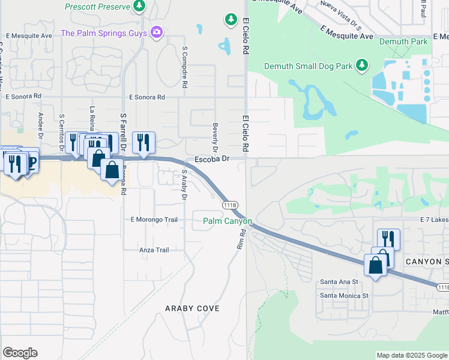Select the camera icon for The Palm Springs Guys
pos(157,32)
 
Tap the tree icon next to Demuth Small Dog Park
pos(361,64)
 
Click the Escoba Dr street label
pos(212,159)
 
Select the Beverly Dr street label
pos(215,137)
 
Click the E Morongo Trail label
pos(154,220)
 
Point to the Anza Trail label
pos(154,250)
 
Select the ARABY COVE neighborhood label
pos(193,308)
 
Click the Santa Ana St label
pos(339,281)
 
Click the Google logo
pos(20,353)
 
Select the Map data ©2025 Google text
pos(411,355)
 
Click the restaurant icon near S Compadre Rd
pos(143,142)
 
